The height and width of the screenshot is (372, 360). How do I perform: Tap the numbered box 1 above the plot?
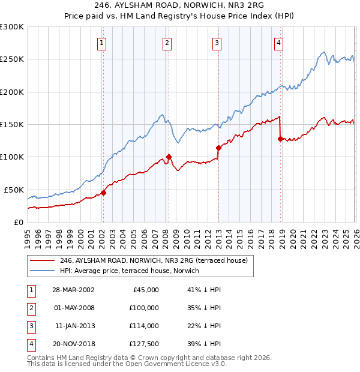tap(103, 43)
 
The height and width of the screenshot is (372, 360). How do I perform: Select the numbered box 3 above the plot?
tap(217, 43)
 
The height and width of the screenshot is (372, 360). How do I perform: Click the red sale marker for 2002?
tap(103, 193)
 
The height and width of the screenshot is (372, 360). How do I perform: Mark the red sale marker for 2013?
tap(218, 148)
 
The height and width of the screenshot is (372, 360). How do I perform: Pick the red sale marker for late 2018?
tap(280, 139)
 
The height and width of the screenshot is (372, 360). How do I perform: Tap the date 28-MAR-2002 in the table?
tap(73, 290)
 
